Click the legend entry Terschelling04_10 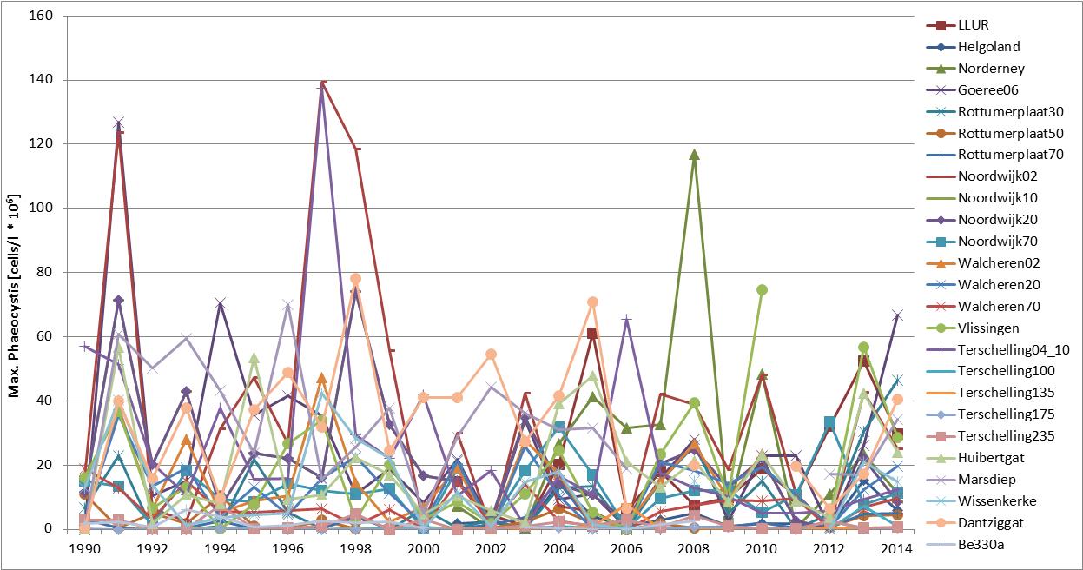(x=1001, y=349)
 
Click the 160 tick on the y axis (x=42, y=16)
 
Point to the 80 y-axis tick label (x=45, y=272)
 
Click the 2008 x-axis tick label (x=693, y=549)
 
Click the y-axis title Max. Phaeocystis (x=15, y=272)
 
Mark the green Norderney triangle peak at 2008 (x=694, y=155)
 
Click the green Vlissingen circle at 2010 (x=762, y=290)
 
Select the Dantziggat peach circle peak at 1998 (x=355, y=279)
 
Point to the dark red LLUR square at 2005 (x=591, y=334)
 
